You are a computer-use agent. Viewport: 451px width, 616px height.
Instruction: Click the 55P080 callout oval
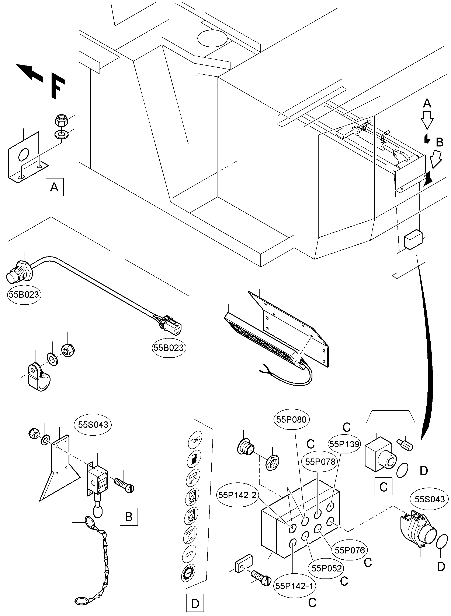click(x=291, y=419)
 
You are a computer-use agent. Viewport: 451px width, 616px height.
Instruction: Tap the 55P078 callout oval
click(x=320, y=461)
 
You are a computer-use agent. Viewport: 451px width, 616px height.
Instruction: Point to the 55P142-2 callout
click(x=237, y=495)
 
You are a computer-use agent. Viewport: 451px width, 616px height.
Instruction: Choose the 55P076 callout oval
click(x=350, y=550)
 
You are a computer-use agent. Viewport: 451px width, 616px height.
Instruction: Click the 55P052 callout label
click(x=326, y=568)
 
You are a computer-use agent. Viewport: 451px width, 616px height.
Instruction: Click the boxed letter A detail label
click(x=54, y=187)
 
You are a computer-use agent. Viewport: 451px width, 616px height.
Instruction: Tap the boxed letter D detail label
click(x=195, y=604)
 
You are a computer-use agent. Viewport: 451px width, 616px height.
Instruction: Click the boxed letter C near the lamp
click(x=383, y=486)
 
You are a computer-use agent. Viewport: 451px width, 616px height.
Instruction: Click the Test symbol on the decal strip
click(x=195, y=440)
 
